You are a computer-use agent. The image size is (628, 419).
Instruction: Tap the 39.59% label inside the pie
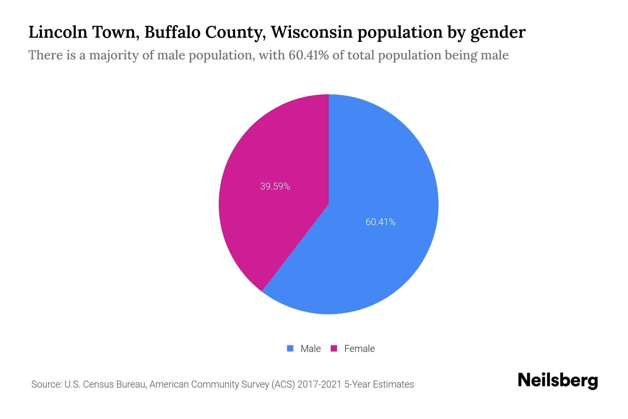pos(275,186)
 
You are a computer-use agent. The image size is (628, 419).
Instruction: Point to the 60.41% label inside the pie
pos(380,222)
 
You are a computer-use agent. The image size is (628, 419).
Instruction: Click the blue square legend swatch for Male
pos(290,348)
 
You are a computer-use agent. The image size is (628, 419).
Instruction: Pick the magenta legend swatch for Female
pos(334,348)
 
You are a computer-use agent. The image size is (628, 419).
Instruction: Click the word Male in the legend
pos(311,348)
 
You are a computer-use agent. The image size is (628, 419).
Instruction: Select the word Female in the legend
pos(359,348)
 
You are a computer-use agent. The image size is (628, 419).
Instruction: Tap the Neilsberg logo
pos(558,381)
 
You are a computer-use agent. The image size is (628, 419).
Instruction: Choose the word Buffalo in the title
pos(172,32)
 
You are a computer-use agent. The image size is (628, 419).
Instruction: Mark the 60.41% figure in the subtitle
pos(308,55)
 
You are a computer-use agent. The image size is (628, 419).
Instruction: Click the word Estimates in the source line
pos(393,384)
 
